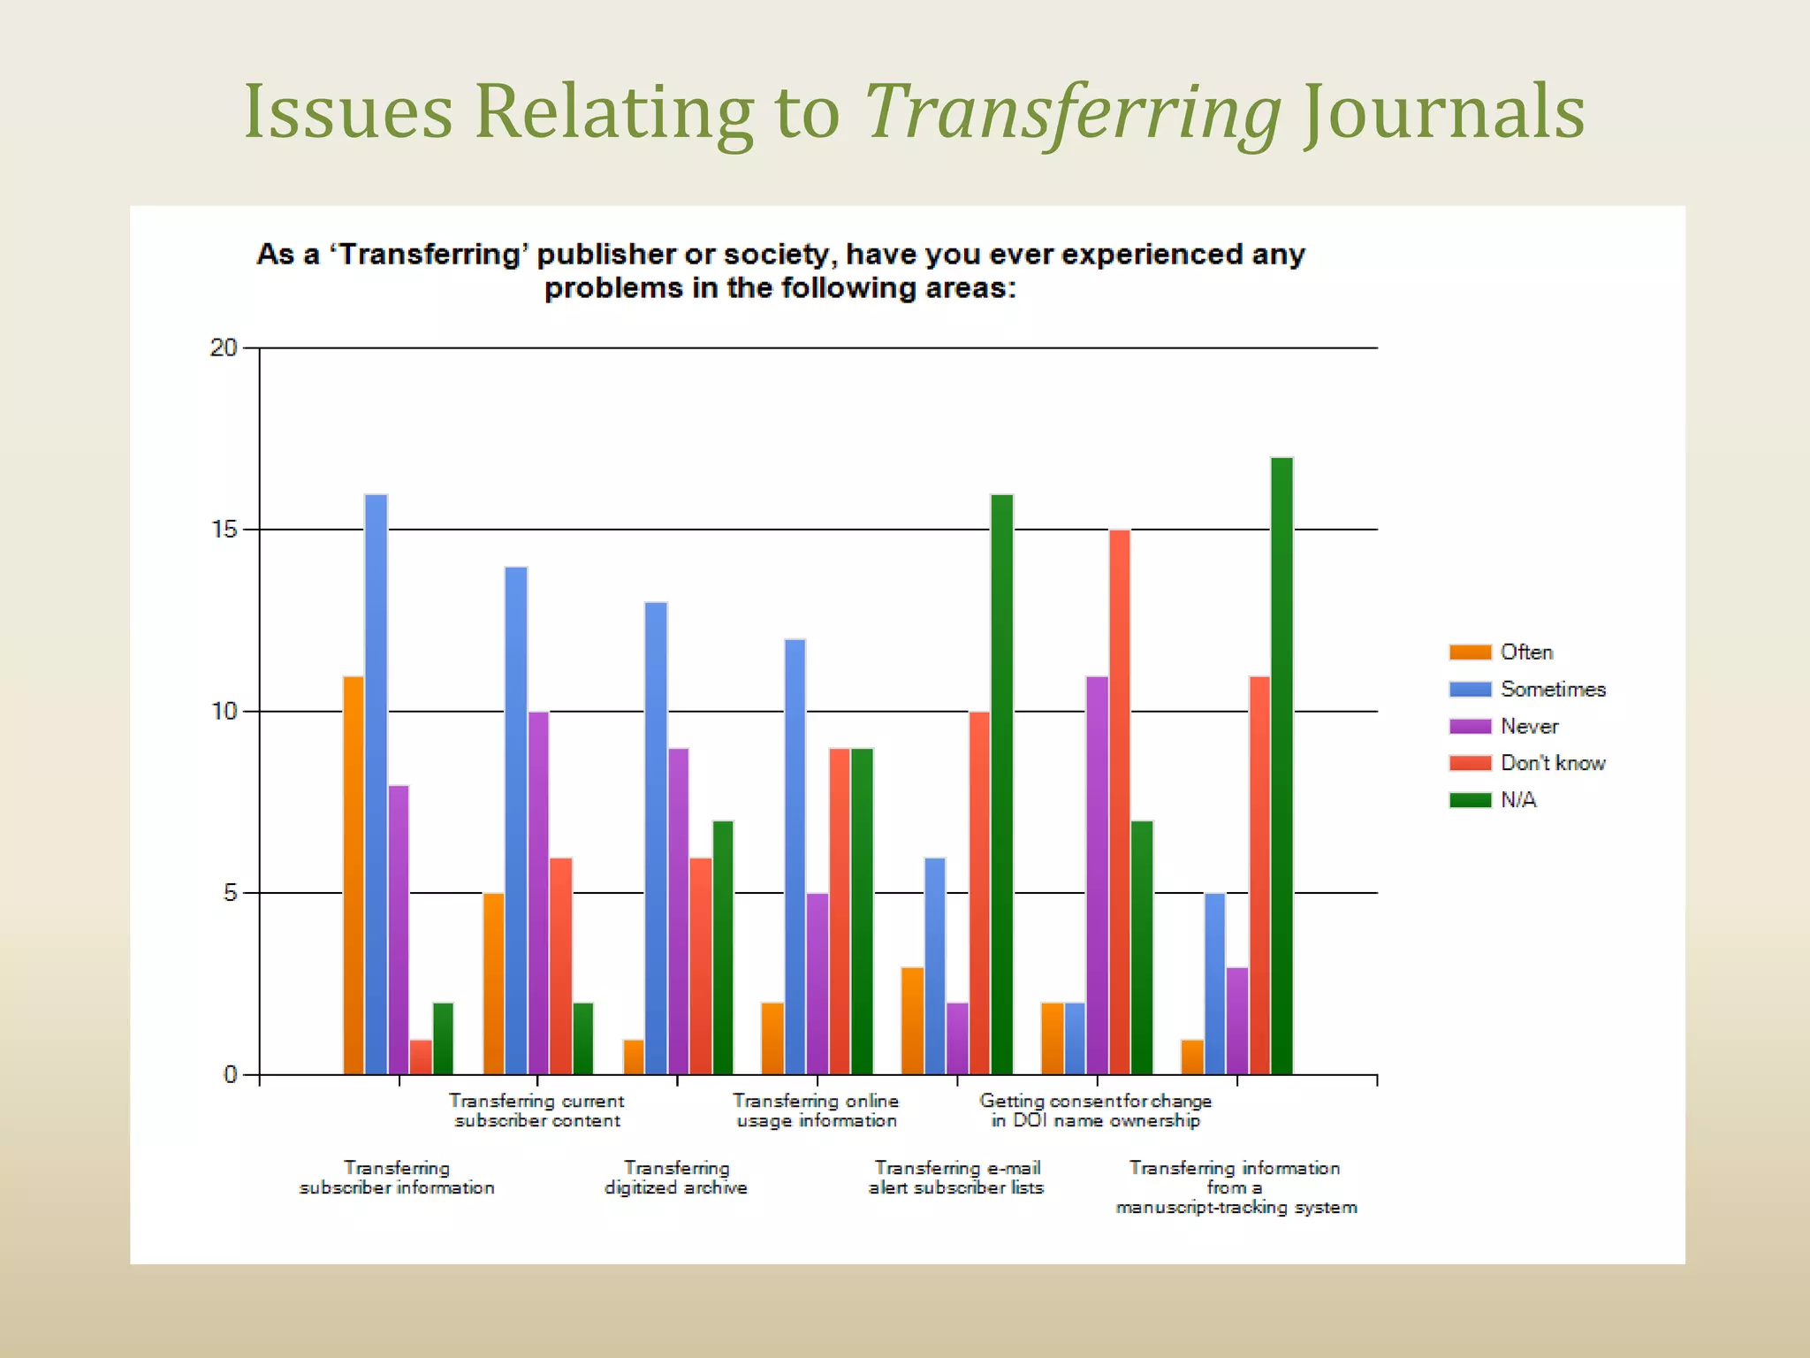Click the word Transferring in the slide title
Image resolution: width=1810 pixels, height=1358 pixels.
[x=1072, y=113]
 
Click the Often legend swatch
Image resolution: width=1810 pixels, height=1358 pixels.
[x=1470, y=652]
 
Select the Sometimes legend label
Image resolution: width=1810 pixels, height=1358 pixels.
[x=1553, y=690]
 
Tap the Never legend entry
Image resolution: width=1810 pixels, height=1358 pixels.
[x=1529, y=727]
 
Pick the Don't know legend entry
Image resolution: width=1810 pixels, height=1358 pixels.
[x=1552, y=764]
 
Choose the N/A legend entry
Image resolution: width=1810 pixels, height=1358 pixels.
[x=1518, y=801]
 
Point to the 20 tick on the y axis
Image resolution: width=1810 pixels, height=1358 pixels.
[x=224, y=348]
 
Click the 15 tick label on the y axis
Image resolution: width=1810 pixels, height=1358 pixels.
[x=224, y=530]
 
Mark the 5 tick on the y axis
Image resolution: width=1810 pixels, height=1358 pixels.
[x=230, y=893]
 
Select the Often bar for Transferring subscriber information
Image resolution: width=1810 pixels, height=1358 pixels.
[x=354, y=875]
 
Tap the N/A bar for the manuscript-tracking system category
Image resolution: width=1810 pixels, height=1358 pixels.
[x=1281, y=766]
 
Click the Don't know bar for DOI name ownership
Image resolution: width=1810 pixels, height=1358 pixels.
[x=1119, y=802]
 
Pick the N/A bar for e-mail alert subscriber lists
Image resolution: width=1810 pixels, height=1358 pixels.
[x=1001, y=784]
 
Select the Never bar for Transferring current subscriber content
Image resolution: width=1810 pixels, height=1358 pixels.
[x=538, y=893]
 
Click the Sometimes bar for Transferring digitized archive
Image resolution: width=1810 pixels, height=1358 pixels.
[x=656, y=838]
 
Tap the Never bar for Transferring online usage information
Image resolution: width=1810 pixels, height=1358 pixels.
[x=818, y=983]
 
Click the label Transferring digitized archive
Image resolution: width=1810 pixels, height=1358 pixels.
[x=676, y=1179]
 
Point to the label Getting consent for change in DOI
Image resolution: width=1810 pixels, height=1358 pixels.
[x=1095, y=1111]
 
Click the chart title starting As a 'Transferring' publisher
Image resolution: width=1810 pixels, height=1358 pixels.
[x=780, y=271]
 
